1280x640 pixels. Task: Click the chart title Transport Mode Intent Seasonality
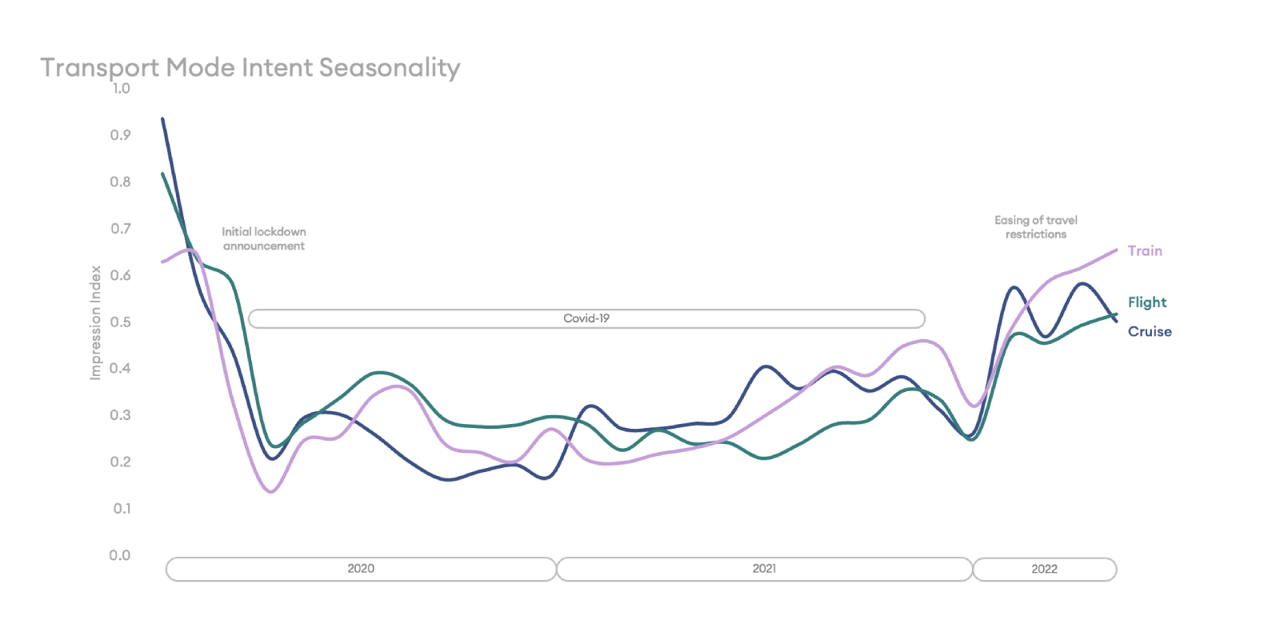[250, 68]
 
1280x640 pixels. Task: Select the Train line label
[1145, 251]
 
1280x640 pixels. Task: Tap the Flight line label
[1147, 302]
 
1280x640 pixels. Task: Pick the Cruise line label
[1150, 331]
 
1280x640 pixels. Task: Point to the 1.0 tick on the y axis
[121, 89]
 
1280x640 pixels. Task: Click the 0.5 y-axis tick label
[120, 322]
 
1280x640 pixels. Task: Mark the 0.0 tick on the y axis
[120, 555]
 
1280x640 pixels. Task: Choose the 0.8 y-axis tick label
[120, 182]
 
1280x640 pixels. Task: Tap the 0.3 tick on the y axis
[120, 415]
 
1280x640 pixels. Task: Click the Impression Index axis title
[95, 323]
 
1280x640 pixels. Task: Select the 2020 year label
[361, 569]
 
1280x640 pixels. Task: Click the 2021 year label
[764, 569]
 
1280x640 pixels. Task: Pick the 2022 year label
[1045, 569]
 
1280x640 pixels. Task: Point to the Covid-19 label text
[586, 318]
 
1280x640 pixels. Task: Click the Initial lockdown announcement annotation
[264, 239]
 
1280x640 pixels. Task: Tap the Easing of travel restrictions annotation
[1036, 227]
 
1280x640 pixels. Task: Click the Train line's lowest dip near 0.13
[271, 491]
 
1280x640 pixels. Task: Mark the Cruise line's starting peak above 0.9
[163, 119]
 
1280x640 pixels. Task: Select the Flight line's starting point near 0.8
[163, 174]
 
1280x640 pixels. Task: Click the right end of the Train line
[1116, 250]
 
